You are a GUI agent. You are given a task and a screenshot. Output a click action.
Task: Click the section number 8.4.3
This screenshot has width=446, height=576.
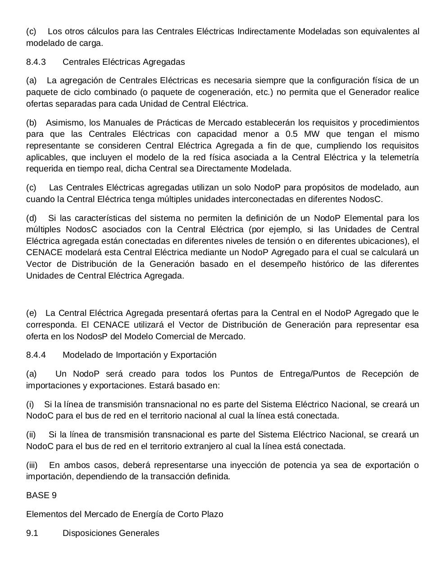(36, 62)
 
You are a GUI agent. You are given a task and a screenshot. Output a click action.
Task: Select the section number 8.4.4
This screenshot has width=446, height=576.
(36, 355)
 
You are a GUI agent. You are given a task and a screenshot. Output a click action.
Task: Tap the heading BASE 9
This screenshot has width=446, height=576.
(41, 495)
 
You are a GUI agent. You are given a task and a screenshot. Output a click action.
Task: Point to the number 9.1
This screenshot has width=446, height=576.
(32, 533)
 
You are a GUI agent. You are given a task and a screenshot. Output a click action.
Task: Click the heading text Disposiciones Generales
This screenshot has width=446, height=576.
(111, 533)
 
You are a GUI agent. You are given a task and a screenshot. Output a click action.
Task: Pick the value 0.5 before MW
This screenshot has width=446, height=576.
(292, 134)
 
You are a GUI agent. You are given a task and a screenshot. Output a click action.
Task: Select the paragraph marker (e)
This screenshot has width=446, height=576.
(32, 313)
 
